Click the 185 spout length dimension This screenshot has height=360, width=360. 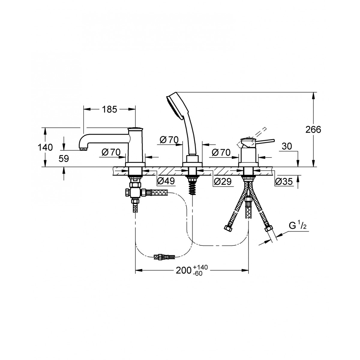coord(109,109)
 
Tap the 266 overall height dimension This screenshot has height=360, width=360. coord(313,130)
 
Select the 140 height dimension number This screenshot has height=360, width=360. coord(45,148)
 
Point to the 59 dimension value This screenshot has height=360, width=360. coord(64,159)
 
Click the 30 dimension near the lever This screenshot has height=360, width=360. coord(287,146)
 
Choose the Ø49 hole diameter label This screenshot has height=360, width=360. coord(166,181)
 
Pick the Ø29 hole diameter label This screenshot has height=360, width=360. coord(223,181)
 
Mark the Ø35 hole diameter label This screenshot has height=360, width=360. coord(284,181)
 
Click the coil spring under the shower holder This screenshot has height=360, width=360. coord(192,188)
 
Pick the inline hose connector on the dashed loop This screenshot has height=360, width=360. coord(164,257)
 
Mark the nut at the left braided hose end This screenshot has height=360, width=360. coord(227,228)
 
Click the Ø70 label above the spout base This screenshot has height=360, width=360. coord(111,152)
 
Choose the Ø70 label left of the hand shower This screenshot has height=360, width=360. coord(169,140)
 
